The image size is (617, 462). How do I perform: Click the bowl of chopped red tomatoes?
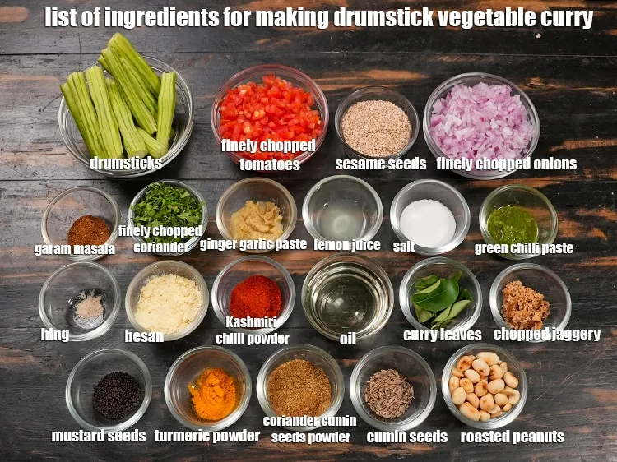click(x=270, y=113)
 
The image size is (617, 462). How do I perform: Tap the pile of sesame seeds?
click(x=376, y=127)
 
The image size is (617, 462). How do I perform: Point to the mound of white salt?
click(x=428, y=223)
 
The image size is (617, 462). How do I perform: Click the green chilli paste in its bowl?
click(x=512, y=225)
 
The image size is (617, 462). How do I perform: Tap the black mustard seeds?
click(x=117, y=395)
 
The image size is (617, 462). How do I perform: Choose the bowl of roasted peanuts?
click(x=484, y=386)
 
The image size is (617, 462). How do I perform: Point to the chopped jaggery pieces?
click(x=526, y=305)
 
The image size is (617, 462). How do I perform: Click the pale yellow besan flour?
click(x=168, y=303)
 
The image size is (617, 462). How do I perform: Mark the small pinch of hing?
click(x=90, y=307)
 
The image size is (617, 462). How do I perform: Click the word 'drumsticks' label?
click(x=126, y=163)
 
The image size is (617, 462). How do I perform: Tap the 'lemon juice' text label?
click(x=347, y=245)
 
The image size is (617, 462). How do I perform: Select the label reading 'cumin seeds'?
click(x=407, y=437)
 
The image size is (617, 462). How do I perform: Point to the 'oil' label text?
click(x=348, y=338)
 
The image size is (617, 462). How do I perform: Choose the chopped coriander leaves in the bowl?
click(x=167, y=209)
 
